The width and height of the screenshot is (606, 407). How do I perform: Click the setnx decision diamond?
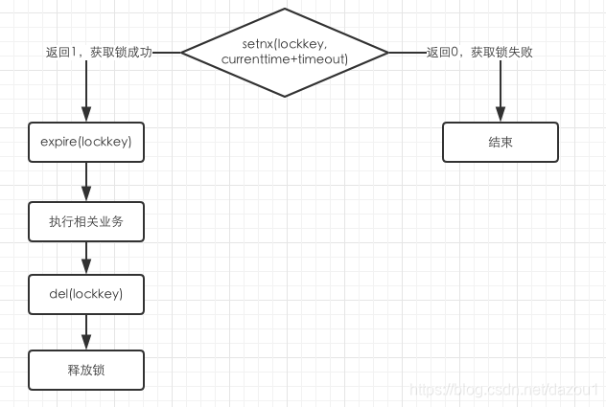(x=285, y=52)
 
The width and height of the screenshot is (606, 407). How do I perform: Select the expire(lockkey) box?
(x=86, y=142)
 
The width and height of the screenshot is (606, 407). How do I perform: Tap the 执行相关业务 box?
(x=86, y=221)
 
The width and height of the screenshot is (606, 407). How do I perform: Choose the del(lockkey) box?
(x=86, y=294)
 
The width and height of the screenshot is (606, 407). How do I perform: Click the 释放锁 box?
(x=86, y=370)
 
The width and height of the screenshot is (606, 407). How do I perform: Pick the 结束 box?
(x=500, y=142)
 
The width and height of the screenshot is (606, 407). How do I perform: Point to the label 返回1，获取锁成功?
(x=97, y=53)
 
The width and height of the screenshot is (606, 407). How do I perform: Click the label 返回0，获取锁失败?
(x=479, y=53)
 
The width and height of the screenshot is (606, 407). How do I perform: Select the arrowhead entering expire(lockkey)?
(x=86, y=115)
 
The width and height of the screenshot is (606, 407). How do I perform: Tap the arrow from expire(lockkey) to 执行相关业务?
(x=86, y=182)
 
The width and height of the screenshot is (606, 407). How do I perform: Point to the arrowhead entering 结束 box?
(x=500, y=115)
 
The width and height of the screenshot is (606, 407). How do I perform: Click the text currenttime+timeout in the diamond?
(x=285, y=60)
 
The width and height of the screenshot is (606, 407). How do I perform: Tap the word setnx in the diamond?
(x=258, y=44)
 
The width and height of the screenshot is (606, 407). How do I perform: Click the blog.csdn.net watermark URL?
(x=503, y=391)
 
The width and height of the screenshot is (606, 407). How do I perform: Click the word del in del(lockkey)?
(x=59, y=294)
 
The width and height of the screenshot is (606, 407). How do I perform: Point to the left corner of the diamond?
(x=182, y=52)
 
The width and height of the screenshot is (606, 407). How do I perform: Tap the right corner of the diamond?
(x=387, y=52)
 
